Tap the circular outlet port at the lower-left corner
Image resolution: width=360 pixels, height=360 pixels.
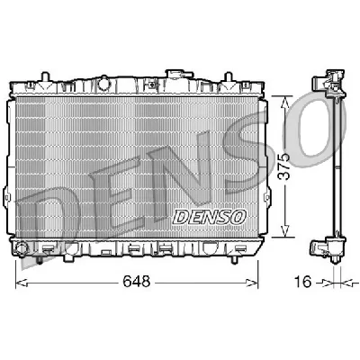pyautogui.click(x=20, y=247)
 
